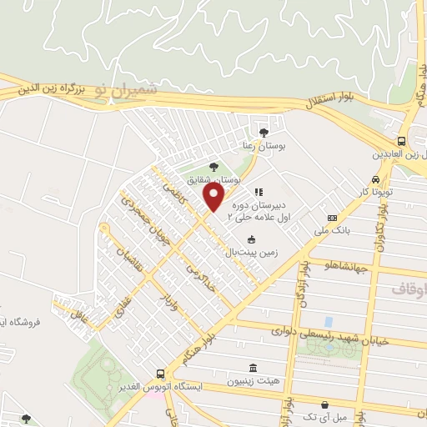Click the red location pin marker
coord(214,198)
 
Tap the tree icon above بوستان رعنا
coord(264,133)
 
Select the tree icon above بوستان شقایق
coord(213,166)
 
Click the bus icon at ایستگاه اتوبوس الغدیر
coord(159,374)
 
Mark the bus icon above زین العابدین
coord(402,142)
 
